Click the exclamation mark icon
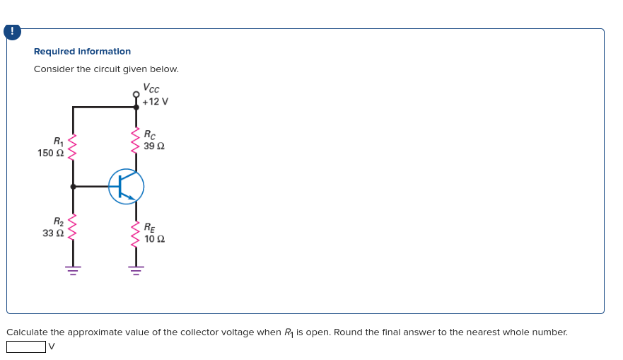[x=11, y=32]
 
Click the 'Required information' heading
[x=82, y=52]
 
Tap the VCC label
[x=151, y=88]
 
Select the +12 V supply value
[x=155, y=101]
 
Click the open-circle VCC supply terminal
[x=136, y=94]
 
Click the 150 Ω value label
[x=51, y=153]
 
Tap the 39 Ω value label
[x=154, y=146]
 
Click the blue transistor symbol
[x=127, y=187]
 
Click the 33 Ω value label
[x=54, y=233]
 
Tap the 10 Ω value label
[x=155, y=239]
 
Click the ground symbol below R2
[x=73, y=269]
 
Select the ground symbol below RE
[x=136, y=269]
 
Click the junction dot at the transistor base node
[x=73, y=187]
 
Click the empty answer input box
[x=26, y=347]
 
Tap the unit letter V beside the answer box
[x=51, y=347]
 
